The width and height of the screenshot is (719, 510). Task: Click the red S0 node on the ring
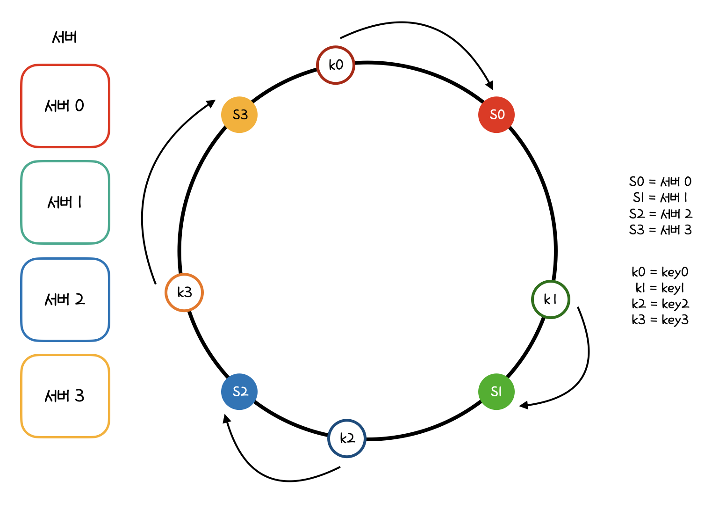tap(496, 115)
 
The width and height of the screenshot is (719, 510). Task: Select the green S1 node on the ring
tap(496, 392)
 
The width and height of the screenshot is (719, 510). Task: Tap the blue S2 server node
tap(239, 392)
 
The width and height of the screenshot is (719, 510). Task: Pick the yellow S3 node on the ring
tap(239, 115)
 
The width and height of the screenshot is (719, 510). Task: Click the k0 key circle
tap(336, 65)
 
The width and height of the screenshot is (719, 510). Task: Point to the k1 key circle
tap(551, 299)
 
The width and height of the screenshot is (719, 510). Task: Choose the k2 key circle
tap(347, 438)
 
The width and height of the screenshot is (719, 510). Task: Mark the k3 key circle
tap(184, 292)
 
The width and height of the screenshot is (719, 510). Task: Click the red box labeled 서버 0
tap(65, 106)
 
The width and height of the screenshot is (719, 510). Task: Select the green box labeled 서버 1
tap(65, 203)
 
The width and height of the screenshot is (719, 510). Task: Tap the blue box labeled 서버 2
tap(65, 299)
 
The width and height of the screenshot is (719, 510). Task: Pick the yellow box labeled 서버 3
tap(65, 396)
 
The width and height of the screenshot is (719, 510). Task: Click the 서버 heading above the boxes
tap(65, 37)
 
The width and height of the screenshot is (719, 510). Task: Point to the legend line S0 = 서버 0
tap(660, 182)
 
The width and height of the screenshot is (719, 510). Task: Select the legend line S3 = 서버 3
tap(660, 230)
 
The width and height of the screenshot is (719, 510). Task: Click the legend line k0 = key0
tap(660, 272)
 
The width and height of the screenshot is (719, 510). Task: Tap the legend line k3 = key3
tap(660, 320)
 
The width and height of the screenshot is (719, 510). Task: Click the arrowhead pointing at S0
tap(490, 86)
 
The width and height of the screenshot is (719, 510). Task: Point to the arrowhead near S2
tap(226, 418)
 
